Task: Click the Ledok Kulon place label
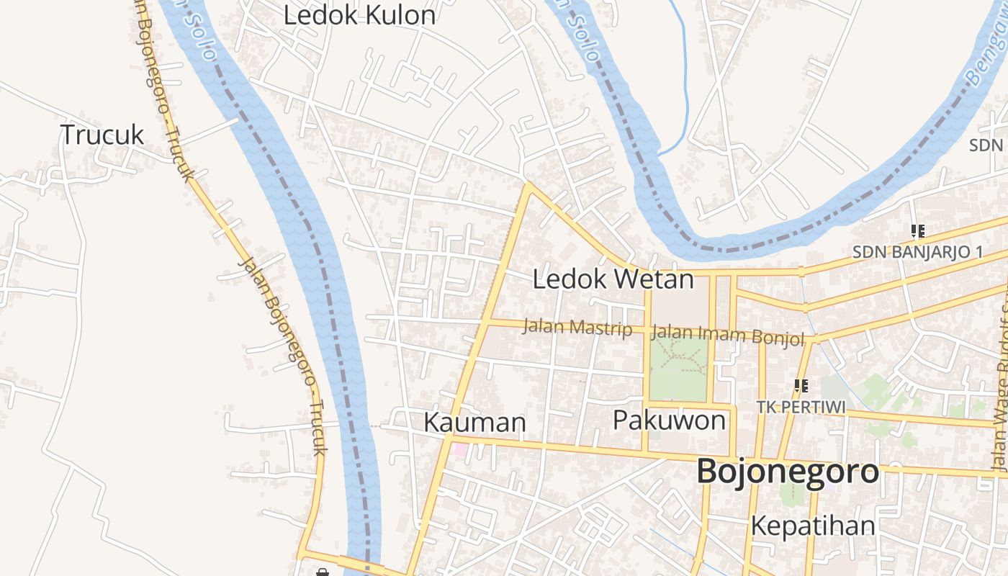(359, 15)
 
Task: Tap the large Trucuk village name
(102, 135)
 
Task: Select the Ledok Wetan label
(613, 279)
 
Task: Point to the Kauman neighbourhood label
(474, 422)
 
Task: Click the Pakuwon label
(669, 420)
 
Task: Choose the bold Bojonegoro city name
(788, 472)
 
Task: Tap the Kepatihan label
(813, 526)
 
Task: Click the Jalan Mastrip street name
(577, 328)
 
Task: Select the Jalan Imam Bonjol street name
(727, 335)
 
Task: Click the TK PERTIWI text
(801, 407)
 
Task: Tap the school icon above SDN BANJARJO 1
(917, 231)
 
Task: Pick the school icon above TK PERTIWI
(801, 386)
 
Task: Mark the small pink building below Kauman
(459, 450)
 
